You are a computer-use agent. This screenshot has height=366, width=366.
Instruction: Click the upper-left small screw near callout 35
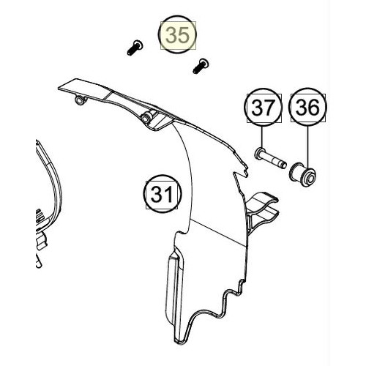coord(135,48)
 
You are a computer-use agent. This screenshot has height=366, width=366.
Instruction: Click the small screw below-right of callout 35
coord(201,66)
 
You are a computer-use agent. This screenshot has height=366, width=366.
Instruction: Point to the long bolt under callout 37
coord(270,159)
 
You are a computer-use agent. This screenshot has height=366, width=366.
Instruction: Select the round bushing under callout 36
coord(302,174)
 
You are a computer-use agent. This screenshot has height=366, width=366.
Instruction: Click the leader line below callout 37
coord(261,138)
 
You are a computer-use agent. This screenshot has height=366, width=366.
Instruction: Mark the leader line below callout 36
coord(307,147)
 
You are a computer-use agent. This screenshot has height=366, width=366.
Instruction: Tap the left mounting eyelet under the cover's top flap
coord(81,100)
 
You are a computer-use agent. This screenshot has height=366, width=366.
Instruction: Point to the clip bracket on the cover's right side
coord(263,212)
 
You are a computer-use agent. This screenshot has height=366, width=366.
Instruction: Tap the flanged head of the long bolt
coord(259,153)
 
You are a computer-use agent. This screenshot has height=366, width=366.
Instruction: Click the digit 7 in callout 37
coord(268,108)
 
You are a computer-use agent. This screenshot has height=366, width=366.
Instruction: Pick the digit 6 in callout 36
coord(313,108)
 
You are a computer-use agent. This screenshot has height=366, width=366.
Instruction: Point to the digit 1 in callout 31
coord(168,194)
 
